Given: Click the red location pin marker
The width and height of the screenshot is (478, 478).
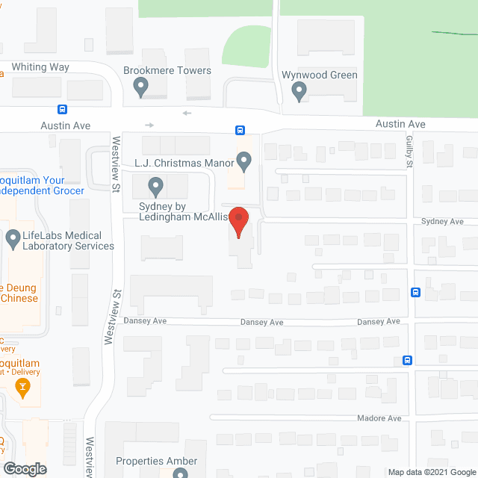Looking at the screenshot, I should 238,221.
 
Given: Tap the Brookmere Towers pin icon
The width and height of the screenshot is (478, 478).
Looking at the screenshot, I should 140,89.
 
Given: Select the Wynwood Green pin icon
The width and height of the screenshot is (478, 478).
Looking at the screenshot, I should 299,92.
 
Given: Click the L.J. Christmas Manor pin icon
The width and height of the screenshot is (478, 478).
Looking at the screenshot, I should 244,160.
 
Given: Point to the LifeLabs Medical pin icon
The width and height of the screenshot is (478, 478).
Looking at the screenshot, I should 13,240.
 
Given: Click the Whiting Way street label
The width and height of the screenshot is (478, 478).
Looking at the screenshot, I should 40,67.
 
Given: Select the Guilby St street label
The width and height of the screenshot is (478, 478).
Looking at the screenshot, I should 410,153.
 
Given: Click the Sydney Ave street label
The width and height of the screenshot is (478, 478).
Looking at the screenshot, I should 442,222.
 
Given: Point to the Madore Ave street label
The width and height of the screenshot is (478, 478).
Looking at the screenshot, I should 379,418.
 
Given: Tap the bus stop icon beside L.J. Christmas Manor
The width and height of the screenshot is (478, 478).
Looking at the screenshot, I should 240,130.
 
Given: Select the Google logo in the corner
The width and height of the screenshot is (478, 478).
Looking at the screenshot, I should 24,468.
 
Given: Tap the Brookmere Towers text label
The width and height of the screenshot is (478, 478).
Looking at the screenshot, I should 168,71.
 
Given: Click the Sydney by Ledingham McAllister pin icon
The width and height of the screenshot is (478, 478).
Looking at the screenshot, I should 155,184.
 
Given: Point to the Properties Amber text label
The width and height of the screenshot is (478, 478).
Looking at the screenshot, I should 156,461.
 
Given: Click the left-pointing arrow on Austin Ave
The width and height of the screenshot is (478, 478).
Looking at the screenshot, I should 186,114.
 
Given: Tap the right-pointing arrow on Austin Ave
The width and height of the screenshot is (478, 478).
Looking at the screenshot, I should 149,125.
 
